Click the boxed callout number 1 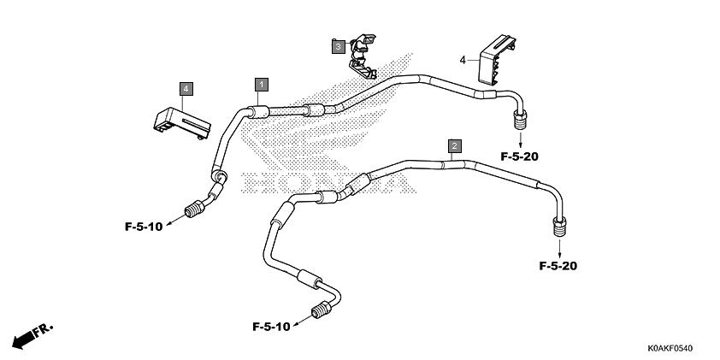(262, 85)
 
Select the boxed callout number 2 (455, 146)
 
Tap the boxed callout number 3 (339, 46)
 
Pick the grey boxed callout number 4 (186, 89)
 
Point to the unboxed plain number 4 (463, 60)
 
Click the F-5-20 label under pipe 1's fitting (519, 156)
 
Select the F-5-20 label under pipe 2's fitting (558, 266)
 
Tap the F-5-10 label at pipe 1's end (144, 227)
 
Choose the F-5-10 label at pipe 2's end (271, 327)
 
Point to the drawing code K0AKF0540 (670, 349)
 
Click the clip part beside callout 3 (363, 56)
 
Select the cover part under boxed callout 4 (182, 122)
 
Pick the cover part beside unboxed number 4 (496, 60)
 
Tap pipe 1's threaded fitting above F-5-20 (520, 121)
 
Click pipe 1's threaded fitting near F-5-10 (195, 209)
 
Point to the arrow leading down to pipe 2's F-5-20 (560, 249)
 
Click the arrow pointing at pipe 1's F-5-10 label (175, 220)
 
